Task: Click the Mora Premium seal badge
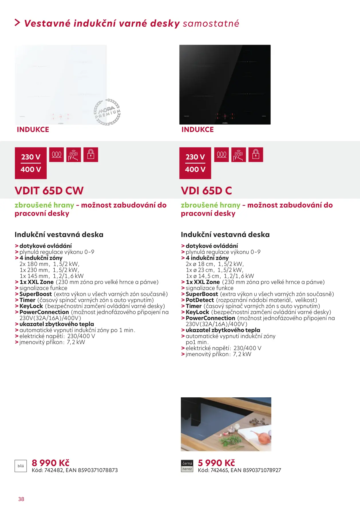(107, 112)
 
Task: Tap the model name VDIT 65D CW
(49, 191)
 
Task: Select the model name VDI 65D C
(206, 191)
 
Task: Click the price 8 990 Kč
(51, 463)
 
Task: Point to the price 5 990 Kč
(216, 463)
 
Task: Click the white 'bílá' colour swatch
(21, 466)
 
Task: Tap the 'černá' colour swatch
(187, 463)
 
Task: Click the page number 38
(21, 499)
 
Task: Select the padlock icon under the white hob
(91, 155)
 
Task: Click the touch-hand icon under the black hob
(238, 155)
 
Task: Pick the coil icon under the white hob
(56, 155)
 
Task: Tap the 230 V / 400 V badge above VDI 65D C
(195, 163)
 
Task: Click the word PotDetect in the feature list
(200, 300)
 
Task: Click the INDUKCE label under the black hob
(197, 130)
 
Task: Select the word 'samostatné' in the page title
(211, 23)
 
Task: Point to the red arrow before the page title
(17, 23)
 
